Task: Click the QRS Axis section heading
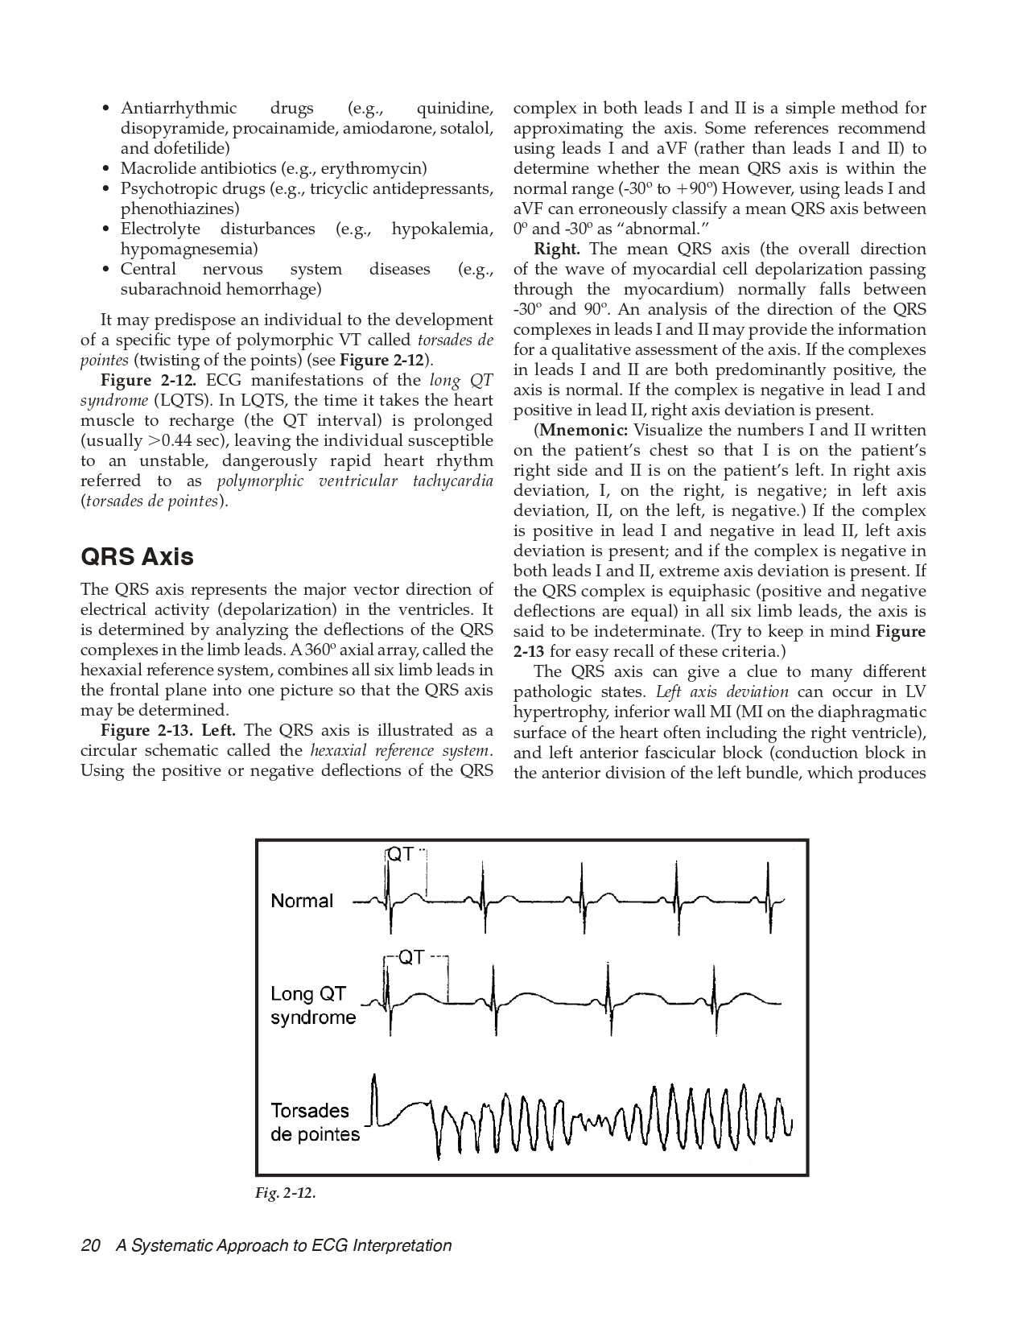(137, 557)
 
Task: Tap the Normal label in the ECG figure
(302, 901)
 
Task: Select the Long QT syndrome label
(312, 1005)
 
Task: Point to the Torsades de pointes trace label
(315, 1122)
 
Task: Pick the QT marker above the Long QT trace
(411, 957)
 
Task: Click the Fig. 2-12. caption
(286, 1193)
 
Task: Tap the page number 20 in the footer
(90, 1245)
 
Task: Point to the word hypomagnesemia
(189, 249)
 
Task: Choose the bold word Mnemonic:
(584, 430)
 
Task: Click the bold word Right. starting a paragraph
(556, 249)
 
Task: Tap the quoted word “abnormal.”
(662, 229)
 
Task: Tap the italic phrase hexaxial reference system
(400, 750)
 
